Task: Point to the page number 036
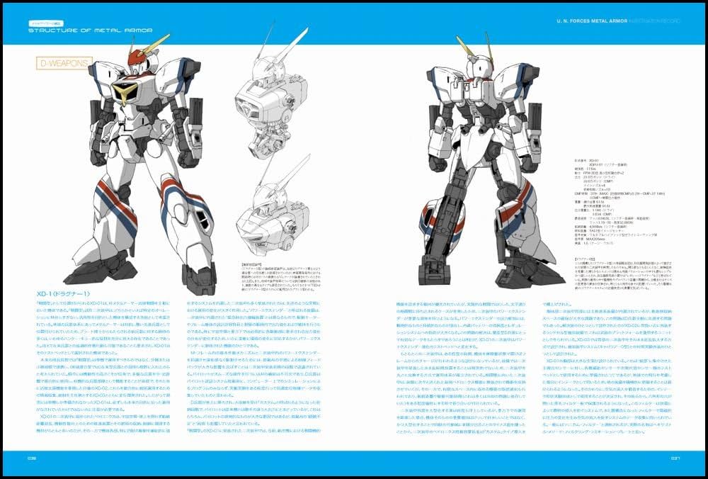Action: coord(33,458)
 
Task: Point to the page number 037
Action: coord(675,458)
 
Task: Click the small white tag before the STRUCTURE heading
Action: coord(41,21)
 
